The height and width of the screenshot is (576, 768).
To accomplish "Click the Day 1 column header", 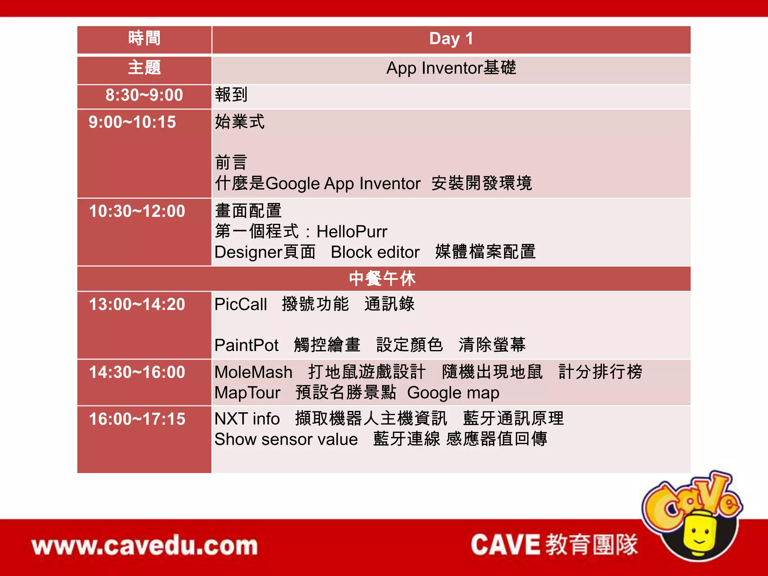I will (451, 39).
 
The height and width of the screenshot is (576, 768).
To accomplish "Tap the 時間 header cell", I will (144, 39).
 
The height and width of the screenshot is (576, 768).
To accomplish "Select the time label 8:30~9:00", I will (144, 95).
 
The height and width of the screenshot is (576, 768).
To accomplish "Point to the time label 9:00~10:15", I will (132, 122).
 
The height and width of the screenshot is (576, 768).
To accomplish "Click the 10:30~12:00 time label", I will (137, 211).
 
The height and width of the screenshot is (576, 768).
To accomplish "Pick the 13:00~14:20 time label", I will (137, 304).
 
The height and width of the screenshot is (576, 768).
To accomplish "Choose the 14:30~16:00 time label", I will (137, 372).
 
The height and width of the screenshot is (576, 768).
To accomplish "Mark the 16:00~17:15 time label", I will (137, 419).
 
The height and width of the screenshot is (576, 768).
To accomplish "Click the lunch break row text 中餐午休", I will (382, 279).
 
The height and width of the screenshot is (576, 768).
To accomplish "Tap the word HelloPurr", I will (352, 232).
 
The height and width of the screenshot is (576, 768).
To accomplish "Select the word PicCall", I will (241, 304).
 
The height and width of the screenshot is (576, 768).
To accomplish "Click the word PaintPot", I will (246, 345).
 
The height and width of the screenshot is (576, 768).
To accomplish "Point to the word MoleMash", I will (253, 372).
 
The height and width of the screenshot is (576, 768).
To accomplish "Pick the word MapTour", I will (247, 393).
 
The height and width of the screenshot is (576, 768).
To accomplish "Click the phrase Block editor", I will (375, 252).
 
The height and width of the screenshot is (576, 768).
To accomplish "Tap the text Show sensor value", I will (286, 439).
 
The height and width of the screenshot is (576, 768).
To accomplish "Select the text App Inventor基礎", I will (451, 68).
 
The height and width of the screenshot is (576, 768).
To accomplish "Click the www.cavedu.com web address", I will (145, 546).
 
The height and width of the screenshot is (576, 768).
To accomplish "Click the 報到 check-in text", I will (231, 95).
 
